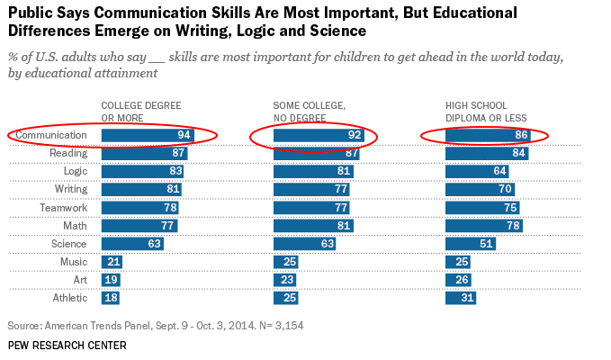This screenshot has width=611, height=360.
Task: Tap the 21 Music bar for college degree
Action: [111, 262]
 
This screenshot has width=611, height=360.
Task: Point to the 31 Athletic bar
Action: [461, 298]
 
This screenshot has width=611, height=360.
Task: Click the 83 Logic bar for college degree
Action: [142, 171]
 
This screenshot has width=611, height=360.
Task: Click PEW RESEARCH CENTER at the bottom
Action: [67, 346]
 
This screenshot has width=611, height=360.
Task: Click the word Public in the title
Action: [31, 13]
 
